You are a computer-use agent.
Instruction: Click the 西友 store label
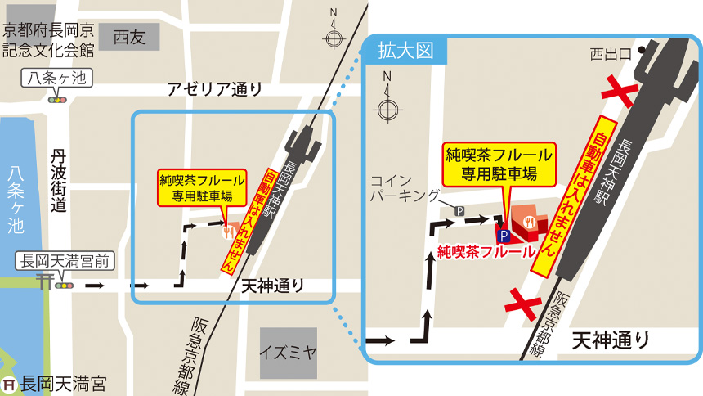click(x=129, y=36)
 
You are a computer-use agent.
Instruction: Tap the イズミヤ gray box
click(x=288, y=353)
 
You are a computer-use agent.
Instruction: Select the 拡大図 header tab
click(x=405, y=51)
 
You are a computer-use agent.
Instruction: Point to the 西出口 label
click(x=611, y=54)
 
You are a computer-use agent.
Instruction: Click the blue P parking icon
click(x=504, y=236)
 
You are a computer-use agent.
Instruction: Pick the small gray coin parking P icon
click(x=459, y=210)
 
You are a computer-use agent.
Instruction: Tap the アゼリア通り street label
click(x=215, y=90)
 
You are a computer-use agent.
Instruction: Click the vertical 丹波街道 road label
click(x=58, y=181)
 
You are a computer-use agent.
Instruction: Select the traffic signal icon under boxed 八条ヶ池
click(x=57, y=100)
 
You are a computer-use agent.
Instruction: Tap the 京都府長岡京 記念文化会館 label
click(x=48, y=41)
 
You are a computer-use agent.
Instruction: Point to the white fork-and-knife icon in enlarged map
click(x=529, y=220)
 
